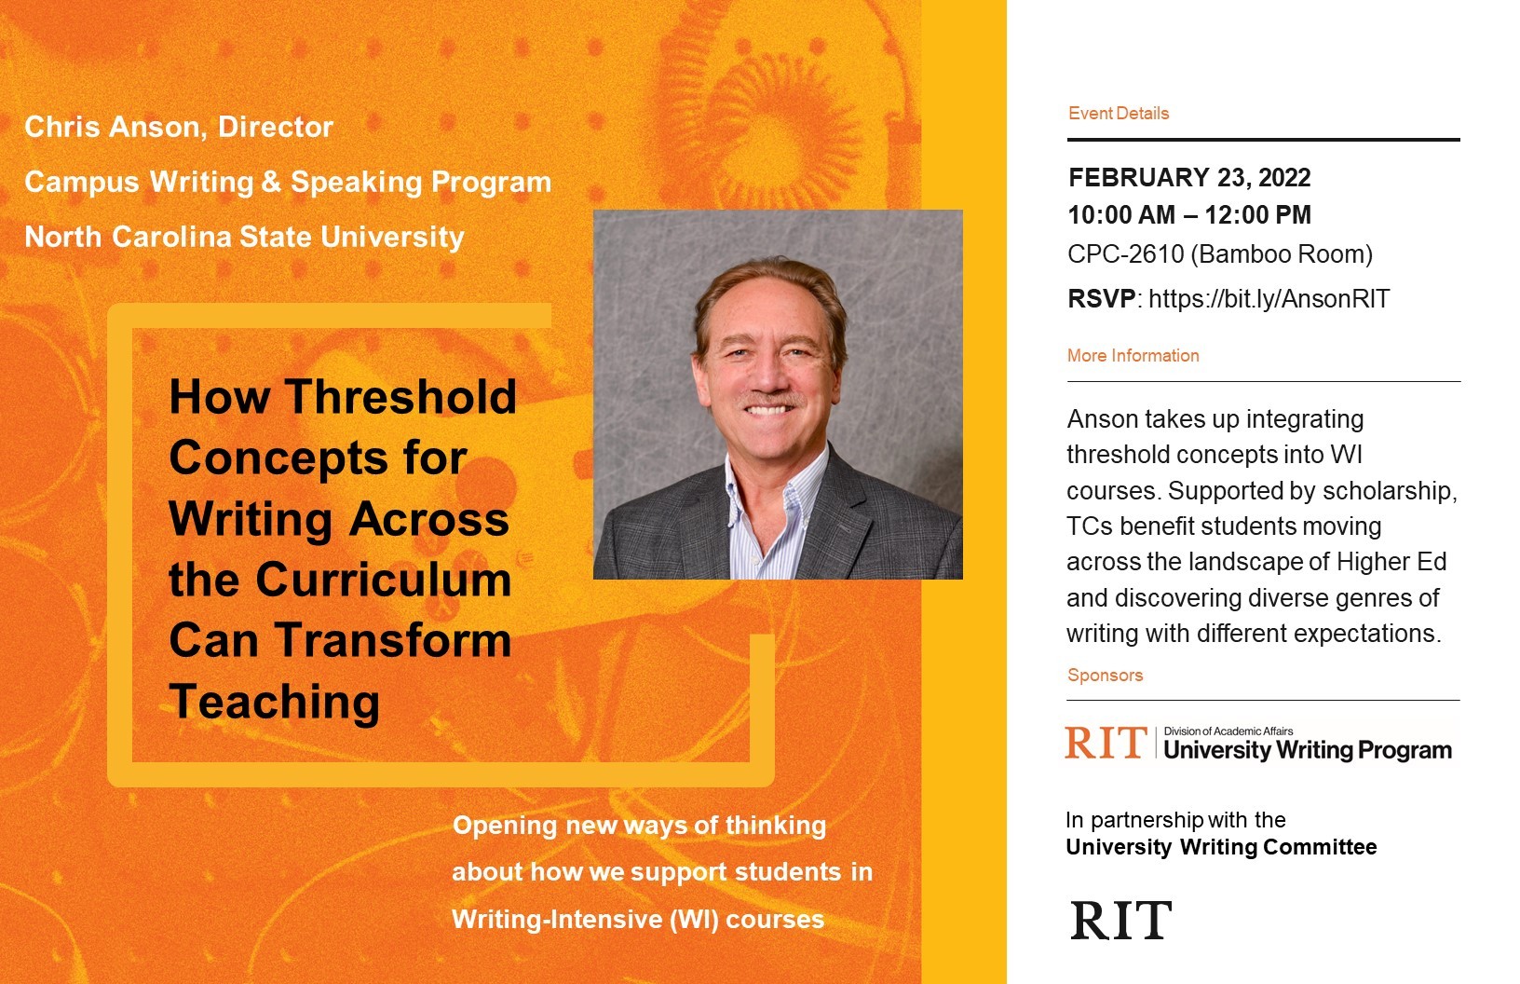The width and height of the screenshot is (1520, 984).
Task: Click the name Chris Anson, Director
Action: (179, 127)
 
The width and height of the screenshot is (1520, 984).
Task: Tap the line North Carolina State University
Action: (244, 237)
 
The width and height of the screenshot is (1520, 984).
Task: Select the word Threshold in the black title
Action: (400, 397)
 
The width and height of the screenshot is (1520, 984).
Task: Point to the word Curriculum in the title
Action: (384, 580)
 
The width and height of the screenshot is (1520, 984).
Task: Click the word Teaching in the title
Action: (275, 702)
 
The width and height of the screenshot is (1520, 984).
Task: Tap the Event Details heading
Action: (1119, 114)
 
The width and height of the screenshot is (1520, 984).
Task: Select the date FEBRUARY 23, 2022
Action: (1189, 178)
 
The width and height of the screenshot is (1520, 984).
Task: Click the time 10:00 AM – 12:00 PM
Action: (1189, 215)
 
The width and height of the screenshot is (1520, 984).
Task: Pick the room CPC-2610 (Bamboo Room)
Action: (1220, 253)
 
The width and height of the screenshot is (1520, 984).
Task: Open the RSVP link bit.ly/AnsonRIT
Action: (1269, 299)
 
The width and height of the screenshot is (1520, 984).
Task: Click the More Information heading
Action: (1133, 356)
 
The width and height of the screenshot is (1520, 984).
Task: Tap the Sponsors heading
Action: (1106, 676)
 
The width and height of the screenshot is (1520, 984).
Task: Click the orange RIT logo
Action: (1106, 744)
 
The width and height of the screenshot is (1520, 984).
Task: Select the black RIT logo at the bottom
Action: (1121, 921)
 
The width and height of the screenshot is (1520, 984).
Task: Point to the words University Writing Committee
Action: (1221, 847)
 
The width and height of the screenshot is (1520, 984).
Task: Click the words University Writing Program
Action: (1308, 750)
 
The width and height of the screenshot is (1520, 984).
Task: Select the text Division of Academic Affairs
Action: (1228, 731)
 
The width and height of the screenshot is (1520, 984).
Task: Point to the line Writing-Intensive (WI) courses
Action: (638, 920)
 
